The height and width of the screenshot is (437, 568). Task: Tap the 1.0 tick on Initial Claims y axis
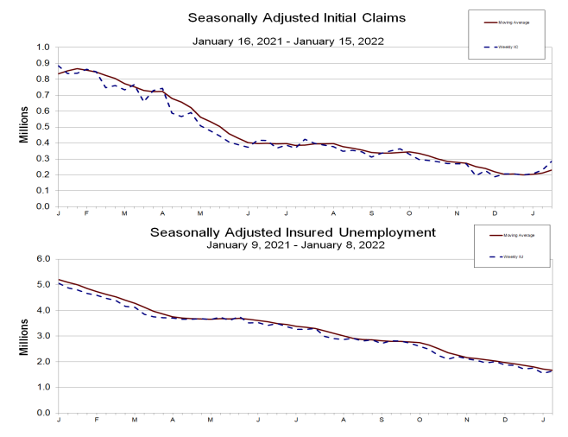(41, 47)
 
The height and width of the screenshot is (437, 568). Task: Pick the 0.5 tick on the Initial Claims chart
(41, 127)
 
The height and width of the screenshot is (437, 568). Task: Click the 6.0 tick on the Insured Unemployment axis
(41, 258)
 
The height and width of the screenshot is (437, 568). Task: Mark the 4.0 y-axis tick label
(41, 310)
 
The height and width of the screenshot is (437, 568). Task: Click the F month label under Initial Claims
(87, 213)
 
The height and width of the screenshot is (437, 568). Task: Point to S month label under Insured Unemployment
(381, 420)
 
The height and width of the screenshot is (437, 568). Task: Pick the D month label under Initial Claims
(495, 213)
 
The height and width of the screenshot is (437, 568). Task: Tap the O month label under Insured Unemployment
(420, 420)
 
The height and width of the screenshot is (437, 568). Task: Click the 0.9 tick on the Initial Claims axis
(41, 63)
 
